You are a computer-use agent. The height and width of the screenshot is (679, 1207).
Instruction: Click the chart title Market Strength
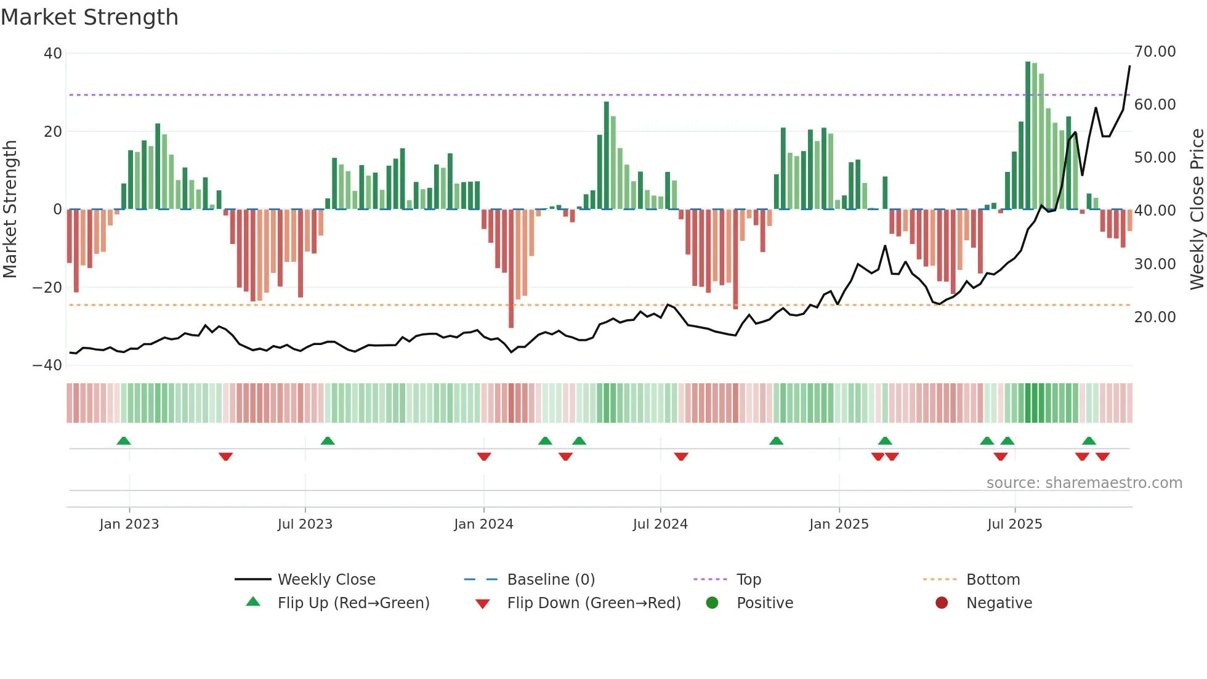(89, 17)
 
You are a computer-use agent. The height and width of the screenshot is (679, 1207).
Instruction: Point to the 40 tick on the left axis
(53, 54)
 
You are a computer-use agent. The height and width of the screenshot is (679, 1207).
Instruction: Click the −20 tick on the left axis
(47, 288)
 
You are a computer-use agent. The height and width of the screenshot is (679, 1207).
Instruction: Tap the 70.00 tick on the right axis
(1155, 52)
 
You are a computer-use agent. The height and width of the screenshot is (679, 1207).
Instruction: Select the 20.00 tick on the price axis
(1155, 317)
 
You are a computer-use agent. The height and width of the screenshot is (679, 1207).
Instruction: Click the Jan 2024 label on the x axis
(483, 524)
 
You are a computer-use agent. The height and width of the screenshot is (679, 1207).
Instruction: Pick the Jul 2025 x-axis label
(1014, 524)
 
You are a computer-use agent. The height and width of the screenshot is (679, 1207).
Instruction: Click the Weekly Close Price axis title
(1197, 209)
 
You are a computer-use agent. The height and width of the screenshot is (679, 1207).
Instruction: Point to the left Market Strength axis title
(10, 209)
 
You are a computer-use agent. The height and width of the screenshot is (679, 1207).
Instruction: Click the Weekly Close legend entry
(326, 580)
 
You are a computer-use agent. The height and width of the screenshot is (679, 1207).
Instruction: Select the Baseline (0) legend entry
(551, 580)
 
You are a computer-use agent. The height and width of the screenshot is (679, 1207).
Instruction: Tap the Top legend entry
(749, 580)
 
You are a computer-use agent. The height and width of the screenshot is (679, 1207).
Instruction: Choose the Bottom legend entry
(993, 580)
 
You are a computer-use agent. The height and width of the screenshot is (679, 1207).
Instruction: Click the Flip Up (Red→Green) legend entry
(353, 603)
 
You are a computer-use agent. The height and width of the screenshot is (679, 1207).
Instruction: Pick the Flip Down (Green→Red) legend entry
(594, 603)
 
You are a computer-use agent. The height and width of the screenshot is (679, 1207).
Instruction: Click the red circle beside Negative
(942, 603)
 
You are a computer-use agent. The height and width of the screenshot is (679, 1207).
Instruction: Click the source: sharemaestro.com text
(1084, 483)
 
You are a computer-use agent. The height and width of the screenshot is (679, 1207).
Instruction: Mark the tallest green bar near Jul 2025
(1028, 136)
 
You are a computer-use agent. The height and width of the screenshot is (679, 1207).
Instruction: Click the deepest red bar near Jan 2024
(511, 268)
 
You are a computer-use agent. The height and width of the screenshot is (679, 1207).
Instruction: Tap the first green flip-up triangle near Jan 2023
(124, 441)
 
